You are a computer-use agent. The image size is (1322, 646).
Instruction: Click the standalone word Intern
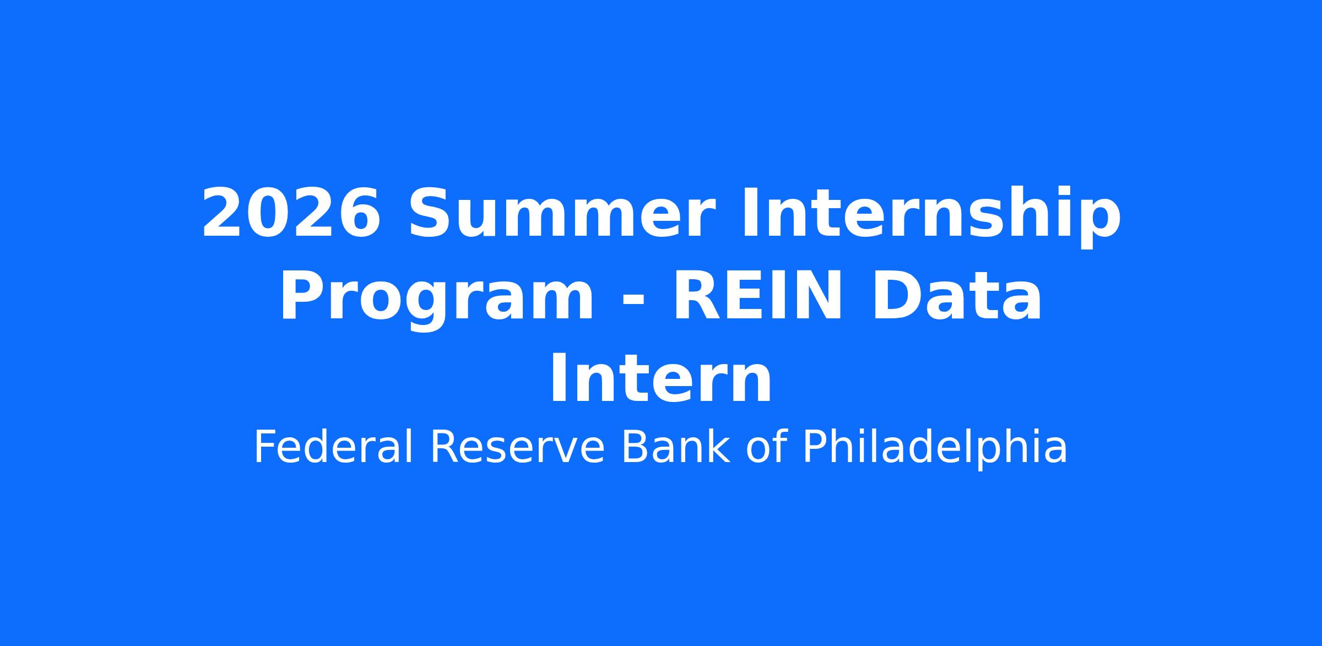pos(661,379)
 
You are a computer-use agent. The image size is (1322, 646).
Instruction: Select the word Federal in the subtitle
pos(333,448)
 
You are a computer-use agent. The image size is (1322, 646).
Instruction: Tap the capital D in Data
pos(893,296)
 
